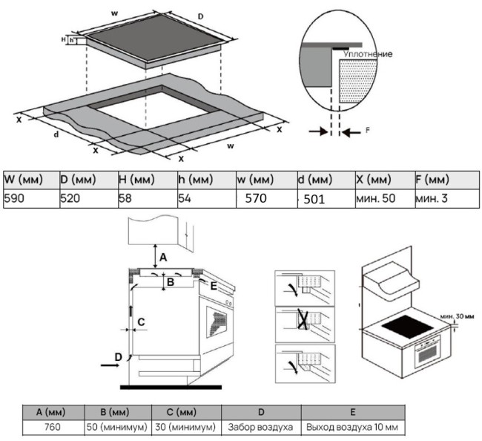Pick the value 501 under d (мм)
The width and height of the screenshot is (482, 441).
click(310, 199)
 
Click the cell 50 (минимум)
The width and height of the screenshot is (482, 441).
click(119, 428)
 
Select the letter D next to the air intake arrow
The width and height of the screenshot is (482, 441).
click(117, 357)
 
